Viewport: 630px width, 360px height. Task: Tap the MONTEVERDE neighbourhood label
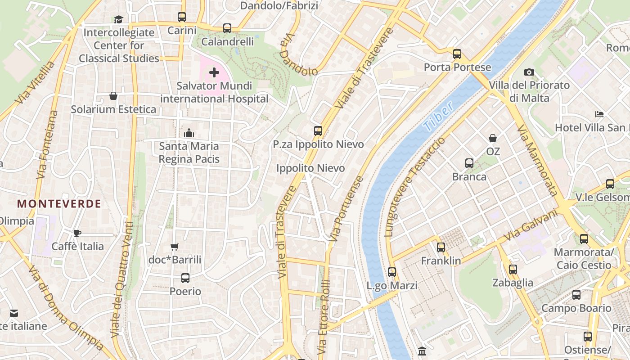click(x=59, y=204)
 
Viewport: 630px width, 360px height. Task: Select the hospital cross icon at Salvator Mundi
click(x=214, y=72)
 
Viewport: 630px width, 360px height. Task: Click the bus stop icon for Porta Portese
click(x=457, y=54)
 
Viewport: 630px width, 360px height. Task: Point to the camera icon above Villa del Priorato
click(x=529, y=72)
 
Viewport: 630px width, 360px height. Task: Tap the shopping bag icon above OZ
click(x=493, y=138)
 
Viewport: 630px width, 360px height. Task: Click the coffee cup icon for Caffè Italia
click(x=77, y=233)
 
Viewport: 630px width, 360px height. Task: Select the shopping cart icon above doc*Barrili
click(x=175, y=247)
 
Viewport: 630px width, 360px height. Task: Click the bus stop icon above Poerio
click(x=185, y=278)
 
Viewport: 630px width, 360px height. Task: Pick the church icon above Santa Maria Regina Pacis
click(x=189, y=133)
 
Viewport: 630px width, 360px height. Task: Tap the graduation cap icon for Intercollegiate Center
click(x=118, y=19)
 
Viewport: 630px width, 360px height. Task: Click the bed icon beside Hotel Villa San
click(x=599, y=114)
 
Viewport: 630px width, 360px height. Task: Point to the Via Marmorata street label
click(x=537, y=161)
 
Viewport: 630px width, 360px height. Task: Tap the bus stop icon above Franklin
click(x=441, y=247)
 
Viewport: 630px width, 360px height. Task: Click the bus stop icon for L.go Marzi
click(x=392, y=272)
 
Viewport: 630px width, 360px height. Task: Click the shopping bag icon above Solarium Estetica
click(x=113, y=96)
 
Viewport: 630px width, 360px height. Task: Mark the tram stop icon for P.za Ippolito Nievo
click(x=318, y=131)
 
